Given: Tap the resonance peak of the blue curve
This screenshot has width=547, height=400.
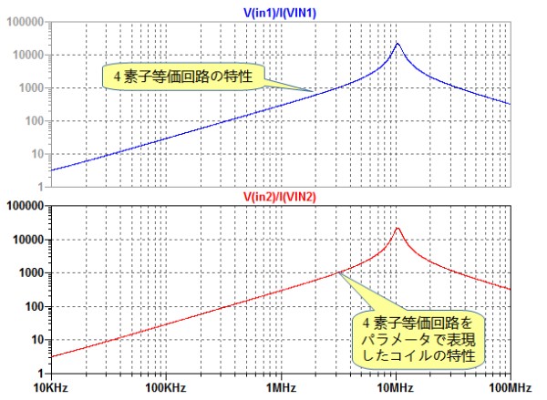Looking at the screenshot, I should click(x=397, y=44).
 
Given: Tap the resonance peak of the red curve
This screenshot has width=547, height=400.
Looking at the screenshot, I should click(x=397, y=229).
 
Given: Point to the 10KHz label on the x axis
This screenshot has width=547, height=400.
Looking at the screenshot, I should click(x=51, y=388).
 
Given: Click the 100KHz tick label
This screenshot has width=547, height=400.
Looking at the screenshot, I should click(x=165, y=388).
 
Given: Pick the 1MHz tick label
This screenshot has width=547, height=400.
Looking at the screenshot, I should click(x=280, y=388).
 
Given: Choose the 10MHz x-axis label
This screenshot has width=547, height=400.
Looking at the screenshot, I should click(x=395, y=388).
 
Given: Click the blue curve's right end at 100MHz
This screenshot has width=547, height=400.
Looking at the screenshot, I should click(x=509, y=104).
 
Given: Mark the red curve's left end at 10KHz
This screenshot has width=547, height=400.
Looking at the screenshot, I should click(x=51, y=356).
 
